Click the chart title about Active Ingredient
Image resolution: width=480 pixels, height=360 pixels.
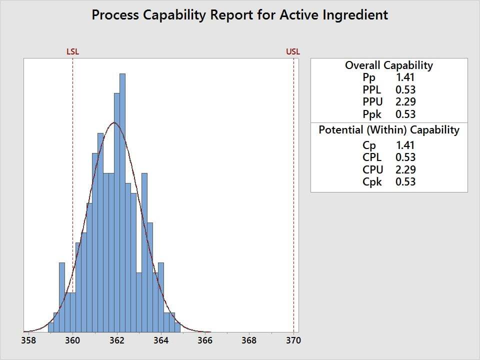(x=240, y=15)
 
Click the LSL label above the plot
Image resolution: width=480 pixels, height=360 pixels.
(x=72, y=51)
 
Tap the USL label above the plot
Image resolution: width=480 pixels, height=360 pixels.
(x=293, y=51)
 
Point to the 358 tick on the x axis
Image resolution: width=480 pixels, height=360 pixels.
(x=28, y=340)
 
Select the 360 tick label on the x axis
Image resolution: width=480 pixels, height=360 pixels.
(x=72, y=340)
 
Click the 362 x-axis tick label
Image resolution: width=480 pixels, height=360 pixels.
(x=116, y=340)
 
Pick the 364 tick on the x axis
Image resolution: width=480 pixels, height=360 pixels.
(x=160, y=340)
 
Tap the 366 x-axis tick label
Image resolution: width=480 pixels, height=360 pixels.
(x=204, y=340)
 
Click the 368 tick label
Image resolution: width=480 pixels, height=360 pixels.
(x=248, y=340)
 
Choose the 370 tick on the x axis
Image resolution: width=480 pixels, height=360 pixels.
(x=293, y=340)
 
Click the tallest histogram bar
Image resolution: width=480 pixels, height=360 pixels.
(x=122, y=200)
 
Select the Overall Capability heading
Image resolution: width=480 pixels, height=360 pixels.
(x=389, y=65)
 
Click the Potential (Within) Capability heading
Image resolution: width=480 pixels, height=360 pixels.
(x=389, y=130)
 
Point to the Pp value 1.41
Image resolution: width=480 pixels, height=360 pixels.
(x=405, y=77)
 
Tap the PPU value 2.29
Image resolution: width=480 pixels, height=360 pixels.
(x=405, y=102)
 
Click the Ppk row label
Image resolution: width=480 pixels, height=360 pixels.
(x=372, y=114)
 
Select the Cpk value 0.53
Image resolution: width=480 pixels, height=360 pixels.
(x=405, y=182)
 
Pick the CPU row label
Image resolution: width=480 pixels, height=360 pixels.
(x=372, y=170)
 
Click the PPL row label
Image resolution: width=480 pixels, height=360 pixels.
(x=372, y=90)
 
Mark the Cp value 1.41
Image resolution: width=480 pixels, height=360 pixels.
(x=405, y=145)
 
